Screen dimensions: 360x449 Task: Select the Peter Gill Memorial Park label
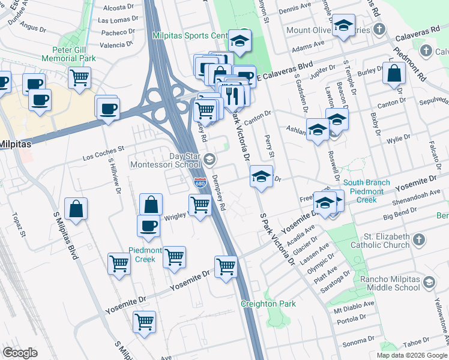[x=69, y=55]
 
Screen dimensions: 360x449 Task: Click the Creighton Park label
[x=268, y=304]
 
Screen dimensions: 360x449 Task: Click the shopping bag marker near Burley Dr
[x=394, y=73]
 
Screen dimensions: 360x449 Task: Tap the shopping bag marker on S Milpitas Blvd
[x=76, y=209]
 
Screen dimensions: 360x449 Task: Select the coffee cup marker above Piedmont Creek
[x=148, y=226]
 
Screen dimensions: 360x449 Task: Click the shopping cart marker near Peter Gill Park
[x=79, y=77]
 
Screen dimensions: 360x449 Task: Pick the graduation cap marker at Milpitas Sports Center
[x=240, y=41]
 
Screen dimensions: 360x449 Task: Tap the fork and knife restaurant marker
[x=232, y=95]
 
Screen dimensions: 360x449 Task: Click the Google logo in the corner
[x=20, y=353]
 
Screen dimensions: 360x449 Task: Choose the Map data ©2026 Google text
[x=412, y=355]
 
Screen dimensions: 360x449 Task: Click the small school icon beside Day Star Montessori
[x=209, y=159]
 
